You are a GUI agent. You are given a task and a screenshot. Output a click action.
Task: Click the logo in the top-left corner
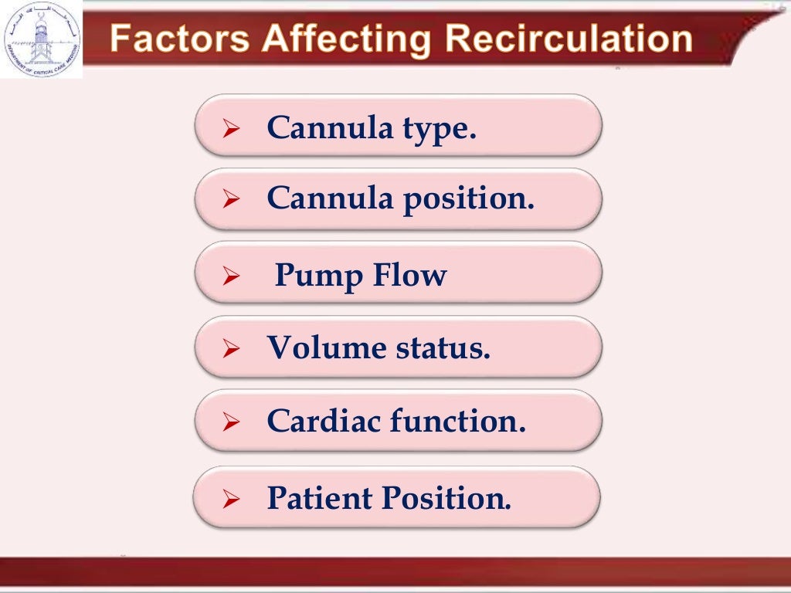coord(40,38)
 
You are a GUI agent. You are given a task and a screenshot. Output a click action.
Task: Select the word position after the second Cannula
coord(467,200)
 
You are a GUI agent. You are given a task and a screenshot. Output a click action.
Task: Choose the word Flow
coord(409,275)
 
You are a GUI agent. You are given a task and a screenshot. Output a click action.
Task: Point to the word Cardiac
coord(323,421)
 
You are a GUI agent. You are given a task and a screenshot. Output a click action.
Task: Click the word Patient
coord(318,498)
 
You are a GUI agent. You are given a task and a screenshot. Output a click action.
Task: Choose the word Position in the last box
coord(444,498)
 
